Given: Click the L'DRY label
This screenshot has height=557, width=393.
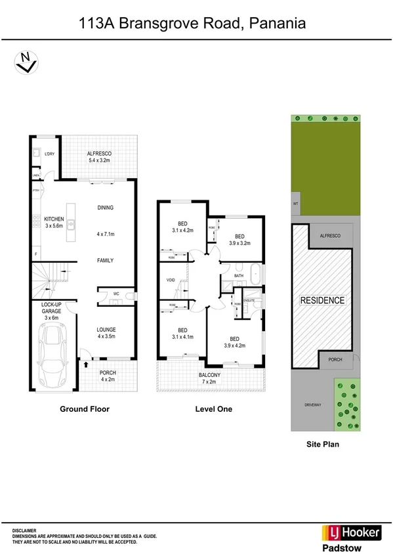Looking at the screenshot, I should [49, 154].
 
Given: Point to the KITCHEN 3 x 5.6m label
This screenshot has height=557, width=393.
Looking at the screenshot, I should [54, 222].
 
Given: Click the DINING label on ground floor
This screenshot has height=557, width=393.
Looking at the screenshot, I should [105, 208].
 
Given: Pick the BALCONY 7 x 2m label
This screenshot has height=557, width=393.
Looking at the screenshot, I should [211, 378].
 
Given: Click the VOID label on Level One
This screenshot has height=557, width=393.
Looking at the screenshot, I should [171, 280].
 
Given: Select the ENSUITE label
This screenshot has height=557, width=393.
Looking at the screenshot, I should [249, 300].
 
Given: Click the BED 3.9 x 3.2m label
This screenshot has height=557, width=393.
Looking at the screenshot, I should [239, 240].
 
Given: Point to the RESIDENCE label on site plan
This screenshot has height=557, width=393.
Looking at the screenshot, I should [322, 300].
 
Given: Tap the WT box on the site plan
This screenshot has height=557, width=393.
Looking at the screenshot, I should [296, 204].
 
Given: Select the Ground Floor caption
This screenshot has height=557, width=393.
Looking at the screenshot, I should [85, 409].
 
